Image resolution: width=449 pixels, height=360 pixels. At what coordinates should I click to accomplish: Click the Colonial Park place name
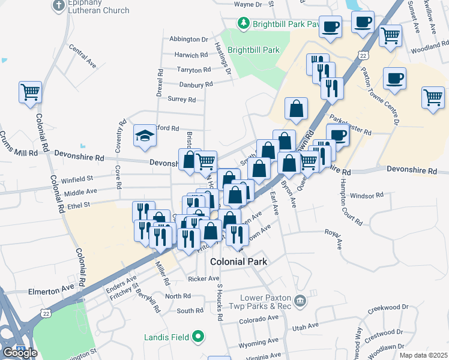[x=238, y=262]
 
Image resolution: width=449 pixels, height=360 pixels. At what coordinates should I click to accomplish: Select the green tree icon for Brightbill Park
[x=244, y=23]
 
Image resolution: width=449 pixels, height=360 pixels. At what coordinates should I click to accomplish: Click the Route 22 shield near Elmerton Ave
[x=46, y=313]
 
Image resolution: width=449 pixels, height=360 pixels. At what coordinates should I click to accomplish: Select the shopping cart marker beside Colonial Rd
[x=30, y=92]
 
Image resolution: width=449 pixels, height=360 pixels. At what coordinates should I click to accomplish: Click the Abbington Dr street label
[x=188, y=39]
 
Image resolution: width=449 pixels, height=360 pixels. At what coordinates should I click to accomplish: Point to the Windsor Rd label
[x=366, y=196]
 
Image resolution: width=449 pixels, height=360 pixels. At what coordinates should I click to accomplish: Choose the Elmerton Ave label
[x=50, y=291]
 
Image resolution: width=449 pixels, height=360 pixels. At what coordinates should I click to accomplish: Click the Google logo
[x=20, y=352]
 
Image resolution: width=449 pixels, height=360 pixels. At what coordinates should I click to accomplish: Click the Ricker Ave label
[x=203, y=278]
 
